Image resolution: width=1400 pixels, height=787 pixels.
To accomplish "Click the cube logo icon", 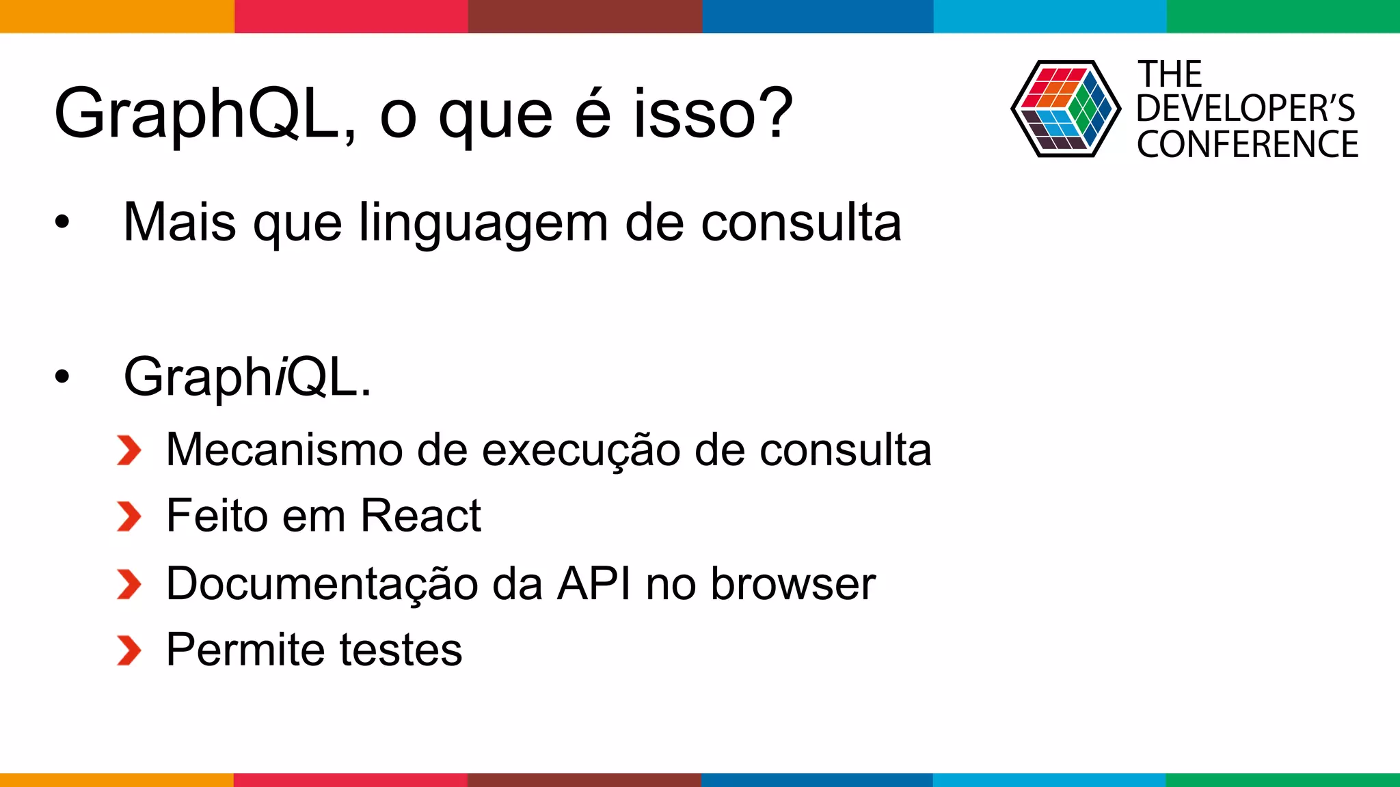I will tap(1065, 109).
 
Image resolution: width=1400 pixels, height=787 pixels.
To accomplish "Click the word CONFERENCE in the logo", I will tap(1247, 144).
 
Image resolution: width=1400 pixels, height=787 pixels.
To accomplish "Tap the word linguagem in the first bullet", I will tap(483, 223).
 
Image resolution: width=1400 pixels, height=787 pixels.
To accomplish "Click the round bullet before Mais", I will tap(62, 222).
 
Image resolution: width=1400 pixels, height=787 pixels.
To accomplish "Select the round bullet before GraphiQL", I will tap(62, 376).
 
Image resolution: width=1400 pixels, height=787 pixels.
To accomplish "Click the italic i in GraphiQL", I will tap(280, 376).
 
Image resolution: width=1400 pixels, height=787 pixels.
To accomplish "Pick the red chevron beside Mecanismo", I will tap(129, 450).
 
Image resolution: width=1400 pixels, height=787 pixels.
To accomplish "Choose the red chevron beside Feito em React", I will tap(129, 516).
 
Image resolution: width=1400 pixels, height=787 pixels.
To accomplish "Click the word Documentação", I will tap(322, 584).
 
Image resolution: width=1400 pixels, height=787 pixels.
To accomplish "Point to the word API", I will tap(593, 584).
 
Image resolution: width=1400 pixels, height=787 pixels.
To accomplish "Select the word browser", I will tap(793, 584).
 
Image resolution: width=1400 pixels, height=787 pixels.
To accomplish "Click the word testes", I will tap(401, 650).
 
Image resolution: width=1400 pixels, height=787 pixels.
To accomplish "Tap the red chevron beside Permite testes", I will tap(129, 650).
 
